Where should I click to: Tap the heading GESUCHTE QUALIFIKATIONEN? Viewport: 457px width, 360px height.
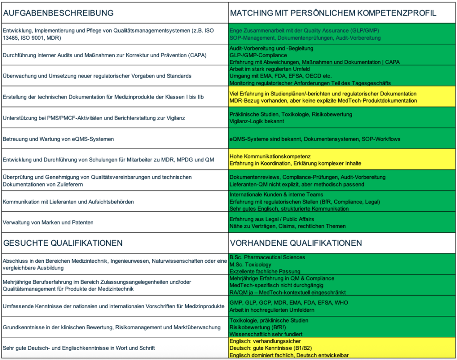(x=63, y=243)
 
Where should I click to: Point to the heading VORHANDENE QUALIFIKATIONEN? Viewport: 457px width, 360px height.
(x=295, y=243)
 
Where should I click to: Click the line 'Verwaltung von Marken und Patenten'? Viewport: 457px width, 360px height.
(x=48, y=222)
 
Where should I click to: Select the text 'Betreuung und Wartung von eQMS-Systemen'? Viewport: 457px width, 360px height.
(x=58, y=139)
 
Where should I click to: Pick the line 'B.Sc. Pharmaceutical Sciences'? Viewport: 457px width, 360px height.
(x=267, y=257)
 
